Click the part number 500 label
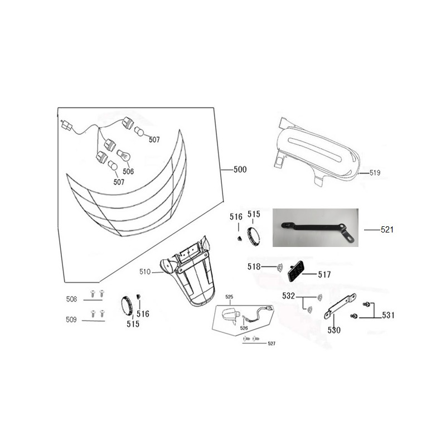240,169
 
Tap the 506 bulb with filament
124,155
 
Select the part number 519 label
375,173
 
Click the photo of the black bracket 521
316,227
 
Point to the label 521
387,230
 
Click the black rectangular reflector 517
296,271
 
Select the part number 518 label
254,266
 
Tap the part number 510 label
145,272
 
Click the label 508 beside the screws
71,299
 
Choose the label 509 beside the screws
71,319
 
